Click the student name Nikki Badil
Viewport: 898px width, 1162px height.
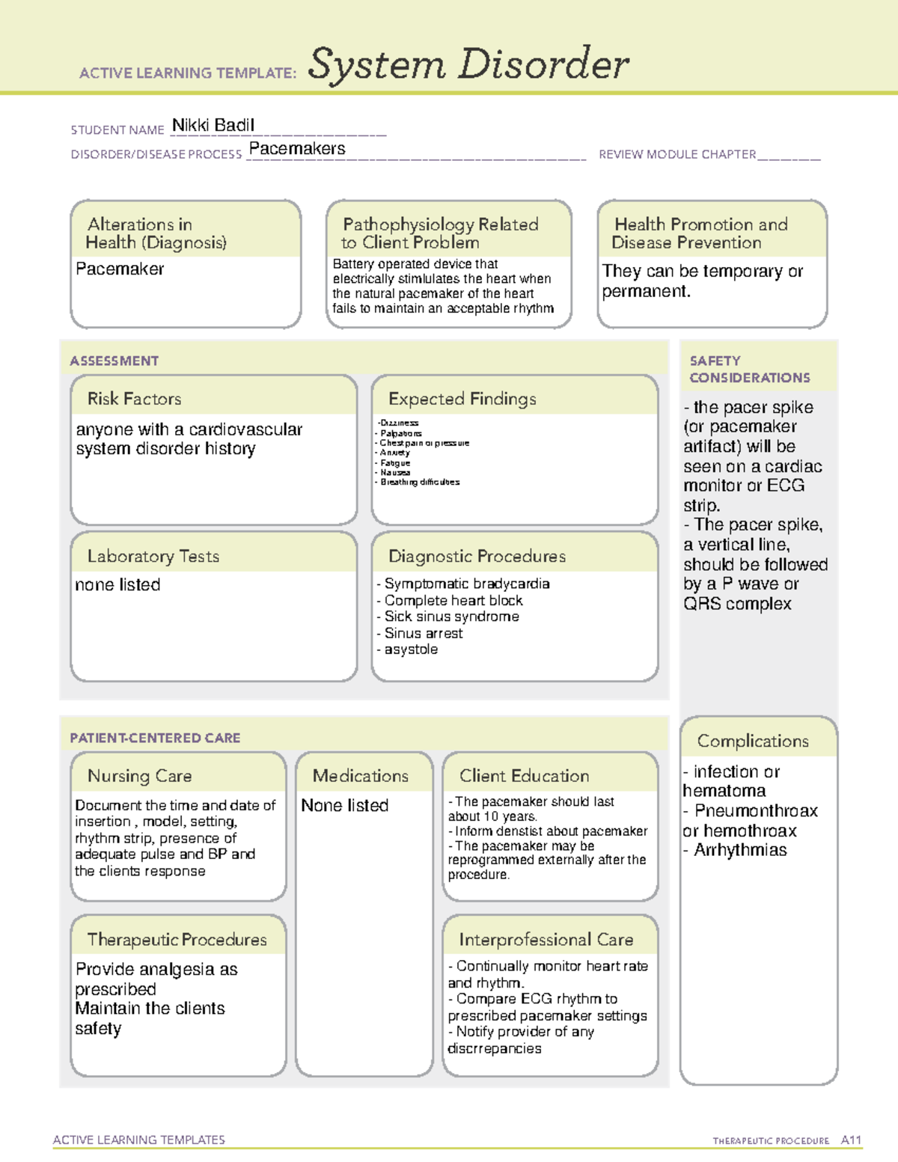[x=213, y=125]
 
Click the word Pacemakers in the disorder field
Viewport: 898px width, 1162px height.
[x=297, y=149]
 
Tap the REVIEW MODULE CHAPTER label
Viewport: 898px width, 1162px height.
[x=677, y=154]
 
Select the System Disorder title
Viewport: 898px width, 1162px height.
[x=468, y=64]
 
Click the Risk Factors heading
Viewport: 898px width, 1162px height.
[x=134, y=399]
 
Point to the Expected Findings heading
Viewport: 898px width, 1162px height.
[x=462, y=399]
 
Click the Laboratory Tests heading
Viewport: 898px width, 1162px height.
[x=153, y=556]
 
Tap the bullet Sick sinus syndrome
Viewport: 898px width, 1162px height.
[x=451, y=617]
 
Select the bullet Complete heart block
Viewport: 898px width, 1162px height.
[x=453, y=600]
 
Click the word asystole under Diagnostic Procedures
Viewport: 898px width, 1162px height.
[x=411, y=649]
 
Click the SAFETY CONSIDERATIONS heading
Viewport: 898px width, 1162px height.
[x=749, y=369]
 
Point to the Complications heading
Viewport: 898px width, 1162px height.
[x=753, y=741]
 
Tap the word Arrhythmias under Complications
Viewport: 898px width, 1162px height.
[x=740, y=850]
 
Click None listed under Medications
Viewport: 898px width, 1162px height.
[x=345, y=805]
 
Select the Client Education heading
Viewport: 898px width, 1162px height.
[x=524, y=776]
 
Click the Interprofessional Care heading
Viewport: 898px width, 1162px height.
[x=546, y=939]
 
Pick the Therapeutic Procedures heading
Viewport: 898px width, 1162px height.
[x=177, y=939]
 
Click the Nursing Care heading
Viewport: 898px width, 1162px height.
[x=139, y=776]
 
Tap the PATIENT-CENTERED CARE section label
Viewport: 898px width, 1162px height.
[x=155, y=738]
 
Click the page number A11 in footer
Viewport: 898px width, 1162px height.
[x=851, y=1140]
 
